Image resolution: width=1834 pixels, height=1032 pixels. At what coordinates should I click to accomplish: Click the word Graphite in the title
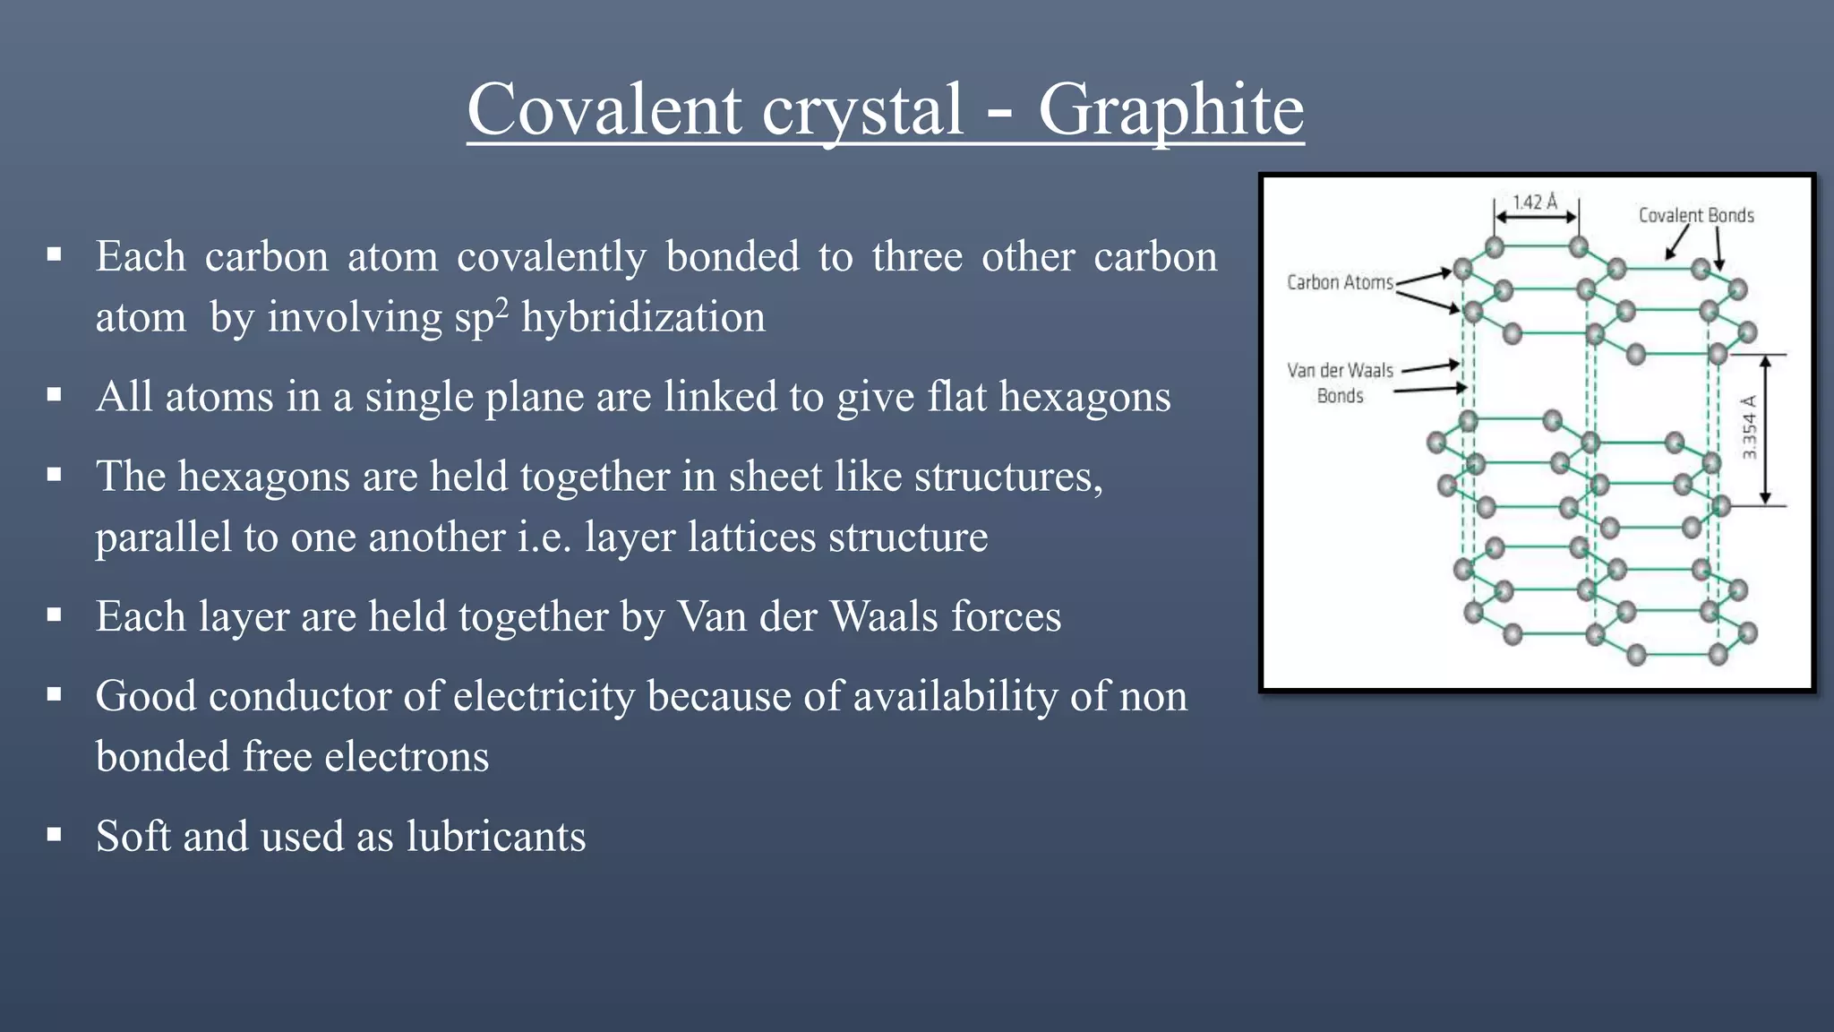coord(1170,110)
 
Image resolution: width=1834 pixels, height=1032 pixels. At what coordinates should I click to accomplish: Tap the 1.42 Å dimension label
coord(1535,202)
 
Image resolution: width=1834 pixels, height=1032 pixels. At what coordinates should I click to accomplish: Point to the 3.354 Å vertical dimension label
coord(1750,427)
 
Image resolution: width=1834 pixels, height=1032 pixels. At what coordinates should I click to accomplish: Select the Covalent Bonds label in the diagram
coord(1696,215)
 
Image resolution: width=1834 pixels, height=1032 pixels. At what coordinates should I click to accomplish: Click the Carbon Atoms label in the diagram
coord(1340,282)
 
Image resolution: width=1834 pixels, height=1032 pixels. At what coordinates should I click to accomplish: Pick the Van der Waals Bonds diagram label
coord(1340,383)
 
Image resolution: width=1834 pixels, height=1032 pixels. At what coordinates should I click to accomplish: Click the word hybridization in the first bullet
coord(643,318)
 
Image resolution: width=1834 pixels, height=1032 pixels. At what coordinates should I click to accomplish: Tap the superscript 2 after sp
coord(502,307)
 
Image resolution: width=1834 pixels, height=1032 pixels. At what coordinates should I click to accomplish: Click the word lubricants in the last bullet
coord(496,837)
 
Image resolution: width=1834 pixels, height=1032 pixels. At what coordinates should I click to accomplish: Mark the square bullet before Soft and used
coord(55,835)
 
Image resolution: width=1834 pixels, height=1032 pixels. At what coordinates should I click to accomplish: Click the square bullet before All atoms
coord(55,394)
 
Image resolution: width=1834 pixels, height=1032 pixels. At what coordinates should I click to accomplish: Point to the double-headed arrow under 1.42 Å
coord(1536,218)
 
